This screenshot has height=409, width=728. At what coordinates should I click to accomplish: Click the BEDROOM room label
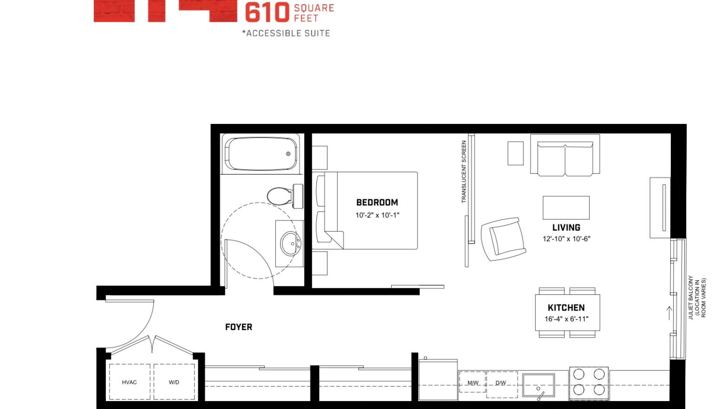point(377,202)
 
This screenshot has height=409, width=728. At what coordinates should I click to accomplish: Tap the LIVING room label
point(566,227)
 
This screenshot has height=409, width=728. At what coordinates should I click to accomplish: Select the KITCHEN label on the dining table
point(566,307)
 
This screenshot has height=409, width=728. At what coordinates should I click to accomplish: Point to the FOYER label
point(238,327)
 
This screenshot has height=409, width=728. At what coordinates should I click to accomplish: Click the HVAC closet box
point(129,382)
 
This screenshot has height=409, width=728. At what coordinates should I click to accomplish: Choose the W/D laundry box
point(174,382)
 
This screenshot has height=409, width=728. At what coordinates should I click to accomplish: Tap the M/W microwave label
point(473,383)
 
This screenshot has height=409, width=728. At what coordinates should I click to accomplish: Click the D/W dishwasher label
point(500,383)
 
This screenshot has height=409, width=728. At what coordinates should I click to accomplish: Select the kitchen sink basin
point(538,385)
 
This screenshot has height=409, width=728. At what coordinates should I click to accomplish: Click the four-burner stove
point(589,383)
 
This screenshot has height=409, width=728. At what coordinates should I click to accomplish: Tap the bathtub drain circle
point(289,154)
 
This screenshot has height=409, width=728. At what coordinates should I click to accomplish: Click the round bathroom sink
point(290,244)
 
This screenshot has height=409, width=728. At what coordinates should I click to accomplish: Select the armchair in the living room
point(504,239)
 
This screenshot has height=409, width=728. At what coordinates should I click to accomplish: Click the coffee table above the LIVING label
point(566,208)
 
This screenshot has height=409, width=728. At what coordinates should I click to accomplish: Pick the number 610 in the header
point(267,13)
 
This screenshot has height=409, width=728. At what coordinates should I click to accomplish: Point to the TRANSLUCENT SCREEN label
point(464,171)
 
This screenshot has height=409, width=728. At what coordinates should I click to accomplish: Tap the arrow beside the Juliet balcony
point(669,313)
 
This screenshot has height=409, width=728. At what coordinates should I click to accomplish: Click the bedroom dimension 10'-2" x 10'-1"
point(377,215)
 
